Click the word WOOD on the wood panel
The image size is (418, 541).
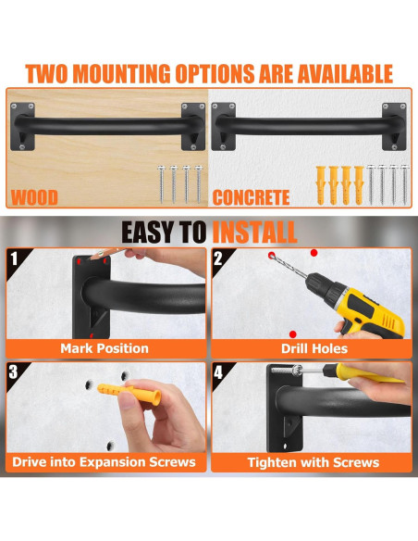tap(34, 197)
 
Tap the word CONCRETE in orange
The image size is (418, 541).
tap(251, 197)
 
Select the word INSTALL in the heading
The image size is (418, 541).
tap(254, 233)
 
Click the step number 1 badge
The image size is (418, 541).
tap(14, 258)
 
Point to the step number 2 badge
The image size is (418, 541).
tap(218, 258)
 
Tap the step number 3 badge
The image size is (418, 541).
tap(14, 372)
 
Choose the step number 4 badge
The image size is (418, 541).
tap(218, 372)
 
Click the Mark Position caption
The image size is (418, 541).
tap(104, 348)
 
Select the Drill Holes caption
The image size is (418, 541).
tap(314, 348)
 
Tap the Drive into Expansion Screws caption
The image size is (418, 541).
tap(104, 462)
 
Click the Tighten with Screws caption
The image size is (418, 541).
tap(313, 462)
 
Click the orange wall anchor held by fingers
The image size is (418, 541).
tap(129, 393)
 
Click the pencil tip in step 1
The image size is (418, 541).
tap(91, 258)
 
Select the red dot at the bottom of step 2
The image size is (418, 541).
tap(293, 334)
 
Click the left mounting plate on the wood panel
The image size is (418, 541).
tap(22, 127)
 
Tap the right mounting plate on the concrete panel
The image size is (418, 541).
tap(394, 127)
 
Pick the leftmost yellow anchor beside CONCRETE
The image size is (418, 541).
tap(321, 185)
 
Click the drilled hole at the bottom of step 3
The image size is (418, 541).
tap(109, 447)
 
